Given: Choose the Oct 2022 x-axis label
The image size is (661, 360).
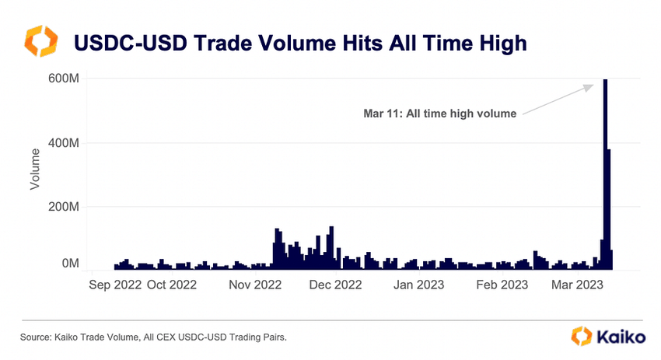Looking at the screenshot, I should pos(172,285).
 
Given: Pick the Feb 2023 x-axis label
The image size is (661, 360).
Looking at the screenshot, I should pos(502,285).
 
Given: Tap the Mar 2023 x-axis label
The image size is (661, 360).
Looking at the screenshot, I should pos(576,285).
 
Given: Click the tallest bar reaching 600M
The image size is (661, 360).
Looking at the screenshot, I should pos(605,171).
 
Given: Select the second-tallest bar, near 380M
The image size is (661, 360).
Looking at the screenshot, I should pos(609,210).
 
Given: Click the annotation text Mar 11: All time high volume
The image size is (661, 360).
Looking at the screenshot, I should pos(440,114).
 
